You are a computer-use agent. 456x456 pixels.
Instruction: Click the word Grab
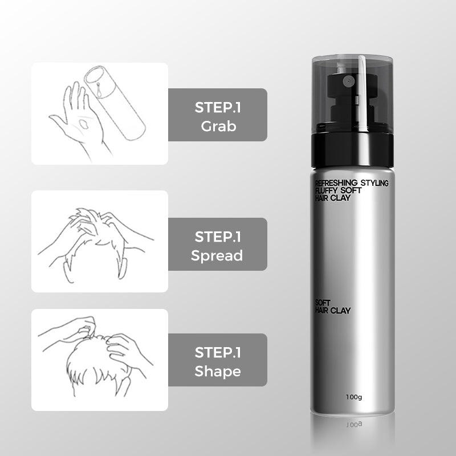pyautogui.click(x=218, y=126)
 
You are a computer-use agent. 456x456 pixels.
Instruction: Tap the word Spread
pyautogui.click(x=217, y=255)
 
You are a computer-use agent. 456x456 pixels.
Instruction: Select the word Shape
pyautogui.click(x=218, y=372)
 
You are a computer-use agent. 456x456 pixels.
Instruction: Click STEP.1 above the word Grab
pyautogui.click(x=218, y=108)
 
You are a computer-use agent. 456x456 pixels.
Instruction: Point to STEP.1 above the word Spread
pyautogui.click(x=218, y=237)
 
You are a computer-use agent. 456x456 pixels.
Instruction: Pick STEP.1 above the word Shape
pyautogui.click(x=218, y=352)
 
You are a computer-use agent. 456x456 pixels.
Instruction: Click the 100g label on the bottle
pyautogui.click(x=354, y=397)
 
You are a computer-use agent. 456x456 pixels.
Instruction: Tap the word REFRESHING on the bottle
pyautogui.click(x=336, y=182)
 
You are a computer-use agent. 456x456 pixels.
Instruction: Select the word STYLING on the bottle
pyautogui.click(x=374, y=183)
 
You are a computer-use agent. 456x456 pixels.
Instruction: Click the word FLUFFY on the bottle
pyautogui.click(x=326, y=190)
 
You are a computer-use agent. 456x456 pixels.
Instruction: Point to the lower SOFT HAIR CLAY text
pyautogui.click(x=333, y=307)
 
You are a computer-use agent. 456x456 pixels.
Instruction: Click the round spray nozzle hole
pyautogui.click(x=348, y=82)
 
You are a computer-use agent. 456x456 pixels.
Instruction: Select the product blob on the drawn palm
pyautogui.click(x=84, y=124)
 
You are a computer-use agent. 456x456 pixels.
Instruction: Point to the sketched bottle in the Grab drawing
pyautogui.click(x=115, y=103)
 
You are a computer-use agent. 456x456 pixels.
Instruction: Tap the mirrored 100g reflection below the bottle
pyautogui.click(x=354, y=424)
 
